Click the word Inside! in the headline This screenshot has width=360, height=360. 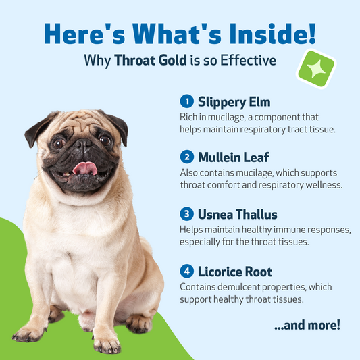pyautogui.click(x=273, y=34)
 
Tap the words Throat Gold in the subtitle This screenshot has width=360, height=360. pyautogui.click(x=151, y=60)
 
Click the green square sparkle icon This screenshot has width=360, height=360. pyautogui.click(x=316, y=69)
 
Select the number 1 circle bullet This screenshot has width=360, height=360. pyautogui.click(x=187, y=101)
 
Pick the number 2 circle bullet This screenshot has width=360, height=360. pyautogui.click(x=187, y=157)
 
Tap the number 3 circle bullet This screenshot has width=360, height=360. pyautogui.click(x=187, y=213)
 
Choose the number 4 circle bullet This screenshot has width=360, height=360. pyautogui.click(x=187, y=271)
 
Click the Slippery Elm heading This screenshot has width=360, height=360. pyautogui.click(x=234, y=103)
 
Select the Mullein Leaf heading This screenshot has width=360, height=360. pyautogui.click(x=234, y=157)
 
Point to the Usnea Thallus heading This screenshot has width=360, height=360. pyautogui.click(x=238, y=214)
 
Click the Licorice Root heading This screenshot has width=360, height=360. pyautogui.click(x=235, y=272)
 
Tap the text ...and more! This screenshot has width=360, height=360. pyautogui.click(x=307, y=325)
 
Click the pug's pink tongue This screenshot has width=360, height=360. pyautogui.click(x=85, y=168)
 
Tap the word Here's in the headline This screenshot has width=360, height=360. pyautogui.click(x=84, y=34)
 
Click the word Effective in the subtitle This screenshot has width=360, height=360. pyautogui.click(x=248, y=60)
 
